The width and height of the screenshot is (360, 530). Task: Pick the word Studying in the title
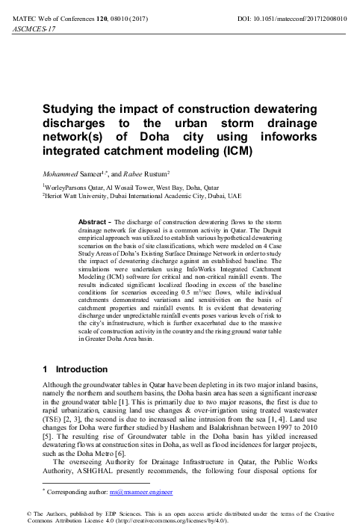[70, 110]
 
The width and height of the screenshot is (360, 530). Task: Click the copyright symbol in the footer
[6, 514]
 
